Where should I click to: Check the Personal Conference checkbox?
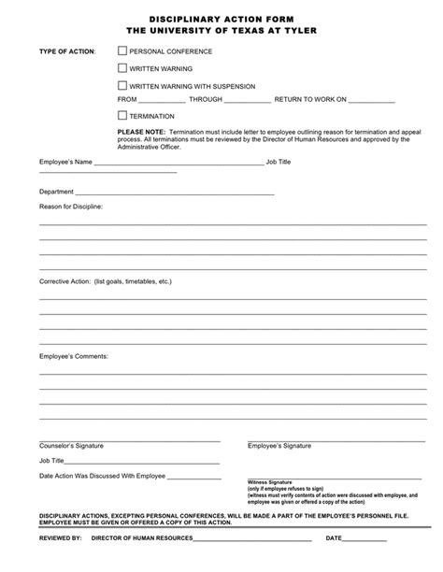[x=122, y=51]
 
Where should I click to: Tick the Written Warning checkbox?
[x=122, y=68]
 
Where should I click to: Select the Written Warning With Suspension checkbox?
[x=122, y=84]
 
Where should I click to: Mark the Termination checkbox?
[x=122, y=115]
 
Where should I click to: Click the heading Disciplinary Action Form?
[x=221, y=18]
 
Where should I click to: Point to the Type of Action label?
[x=66, y=52]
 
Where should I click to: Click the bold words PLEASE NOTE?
[x=139, y=133]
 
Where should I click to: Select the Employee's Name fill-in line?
[x=179, y=164]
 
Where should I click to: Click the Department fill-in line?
[x=168, y=193]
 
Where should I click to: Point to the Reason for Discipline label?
[x=70, y=206]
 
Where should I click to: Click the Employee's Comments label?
[x=74, y=356]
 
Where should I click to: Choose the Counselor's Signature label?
[x=71, y=446]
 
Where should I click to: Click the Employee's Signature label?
[x=279, y=446]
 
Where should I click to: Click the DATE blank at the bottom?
[x=365, y=539]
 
